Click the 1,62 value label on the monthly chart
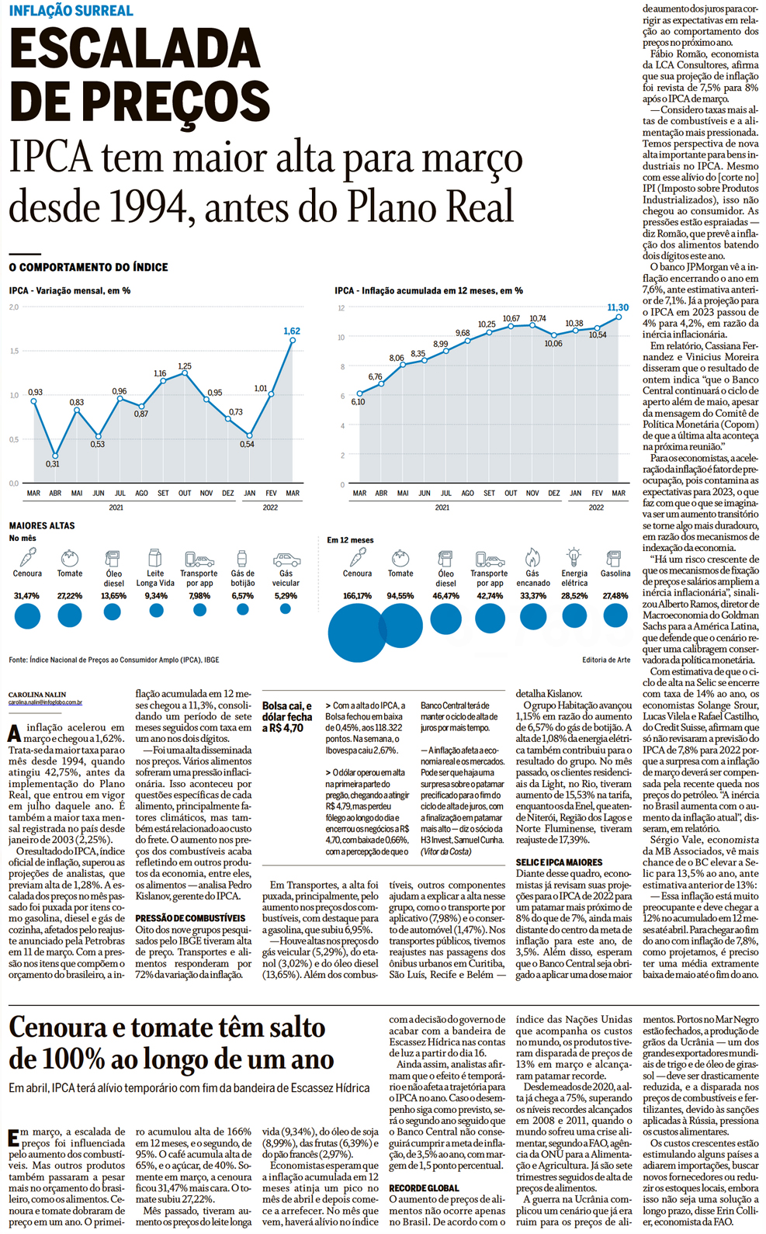(292, 331)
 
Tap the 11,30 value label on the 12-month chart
(618, 308)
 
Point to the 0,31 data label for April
(52, 464)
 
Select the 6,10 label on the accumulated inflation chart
(358, 402)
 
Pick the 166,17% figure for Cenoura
(357, 596)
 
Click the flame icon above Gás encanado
(532, 556)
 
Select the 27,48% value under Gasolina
(615, 596)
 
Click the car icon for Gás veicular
(286, 559)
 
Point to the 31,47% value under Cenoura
(26, 596)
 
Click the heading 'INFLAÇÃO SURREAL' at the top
(71, 11)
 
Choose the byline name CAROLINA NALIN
(37, 695)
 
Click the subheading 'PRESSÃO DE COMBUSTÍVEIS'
(190, 918)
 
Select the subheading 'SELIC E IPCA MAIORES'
(559, 862)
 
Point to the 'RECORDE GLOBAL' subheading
(424, 1188)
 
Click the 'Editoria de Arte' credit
(606, 660)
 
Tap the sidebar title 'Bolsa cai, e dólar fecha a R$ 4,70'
(287, 717)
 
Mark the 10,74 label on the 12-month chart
(538, 319)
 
